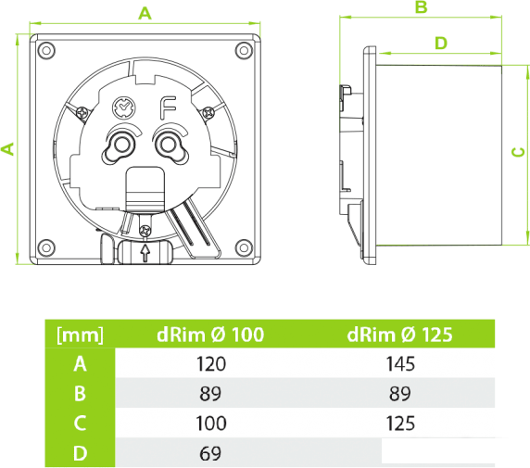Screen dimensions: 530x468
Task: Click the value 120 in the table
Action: [211, 364]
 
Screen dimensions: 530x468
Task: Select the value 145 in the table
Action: [400, 364]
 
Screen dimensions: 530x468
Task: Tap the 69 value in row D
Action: [210, 453]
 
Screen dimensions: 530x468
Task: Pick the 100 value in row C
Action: [211, 424]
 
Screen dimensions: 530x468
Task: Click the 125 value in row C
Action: [400, 424]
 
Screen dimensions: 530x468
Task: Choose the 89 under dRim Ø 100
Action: [210, 394]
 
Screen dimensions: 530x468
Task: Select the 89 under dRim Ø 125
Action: [400, 394]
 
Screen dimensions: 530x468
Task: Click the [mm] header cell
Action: [80, 335]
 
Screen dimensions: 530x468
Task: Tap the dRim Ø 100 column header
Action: [210, 335]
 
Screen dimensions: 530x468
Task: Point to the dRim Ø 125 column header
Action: [399, 335]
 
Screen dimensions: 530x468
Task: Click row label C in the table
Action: [80, 424]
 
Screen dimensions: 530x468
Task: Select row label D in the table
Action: [80, 453]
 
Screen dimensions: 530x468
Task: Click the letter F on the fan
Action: [168, 108]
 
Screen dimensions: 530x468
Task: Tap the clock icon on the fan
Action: [124, 108]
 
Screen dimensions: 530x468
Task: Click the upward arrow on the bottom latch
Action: [145, 253]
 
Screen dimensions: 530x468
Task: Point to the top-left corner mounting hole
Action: [46, 50]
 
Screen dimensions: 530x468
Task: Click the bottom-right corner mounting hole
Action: [244, 247]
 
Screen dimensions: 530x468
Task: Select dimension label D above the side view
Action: [441, 44]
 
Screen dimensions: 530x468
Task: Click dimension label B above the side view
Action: [422, 7]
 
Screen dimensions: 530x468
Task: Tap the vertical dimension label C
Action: [519, 153]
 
